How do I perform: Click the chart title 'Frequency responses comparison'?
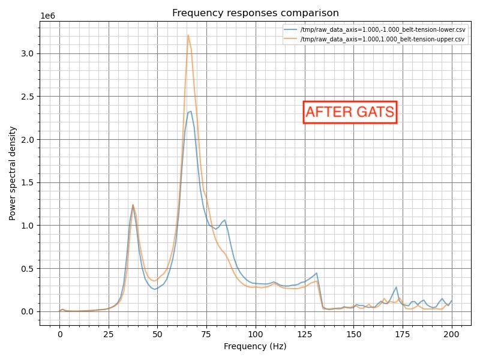255,13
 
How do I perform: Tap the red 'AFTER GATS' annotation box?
350,112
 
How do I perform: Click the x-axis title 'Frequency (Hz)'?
255,346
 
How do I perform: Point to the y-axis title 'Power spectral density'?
13,173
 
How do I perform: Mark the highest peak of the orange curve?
188,35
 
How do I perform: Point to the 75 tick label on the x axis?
206,334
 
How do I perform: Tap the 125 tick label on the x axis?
304,334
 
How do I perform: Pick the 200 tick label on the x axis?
451,334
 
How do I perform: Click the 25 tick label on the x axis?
109,334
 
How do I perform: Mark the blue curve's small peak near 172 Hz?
396,287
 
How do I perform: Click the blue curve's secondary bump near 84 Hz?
224,220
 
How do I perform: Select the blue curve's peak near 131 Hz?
316,273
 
